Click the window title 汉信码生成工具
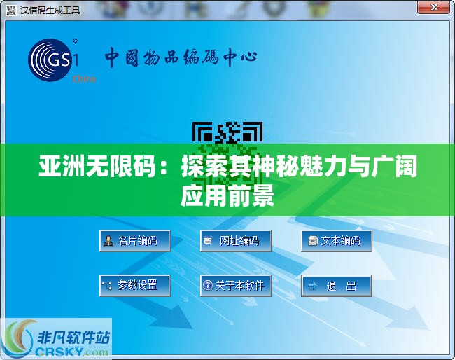coord(50,10)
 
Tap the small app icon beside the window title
coord(11,10)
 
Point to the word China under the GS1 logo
coord(83,79)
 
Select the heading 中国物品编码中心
coord(181,57)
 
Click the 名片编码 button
coord(134,241)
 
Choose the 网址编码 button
coord(235,241)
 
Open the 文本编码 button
coord(336,241)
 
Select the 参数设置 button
coord(134,285)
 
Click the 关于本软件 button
coord(235,285)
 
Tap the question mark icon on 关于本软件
coord(207,285)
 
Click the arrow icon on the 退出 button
coord(313,285)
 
